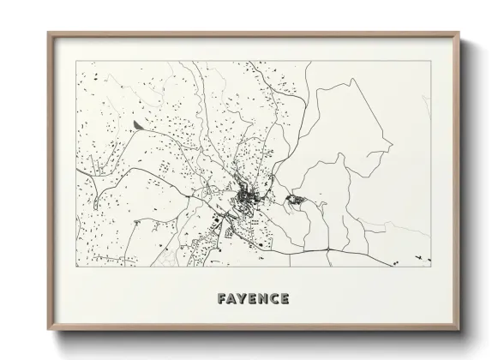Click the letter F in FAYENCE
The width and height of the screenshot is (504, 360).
(223, 299)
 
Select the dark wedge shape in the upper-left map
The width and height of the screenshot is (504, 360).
(140, 125)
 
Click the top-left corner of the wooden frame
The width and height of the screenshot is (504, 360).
(48, 33)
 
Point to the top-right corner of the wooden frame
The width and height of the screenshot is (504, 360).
(459, 33)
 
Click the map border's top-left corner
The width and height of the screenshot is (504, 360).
(76, 62)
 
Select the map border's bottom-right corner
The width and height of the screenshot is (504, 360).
(431, 267)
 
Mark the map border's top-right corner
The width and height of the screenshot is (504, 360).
(431, 62)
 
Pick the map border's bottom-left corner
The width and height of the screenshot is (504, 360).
(76, 267)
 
